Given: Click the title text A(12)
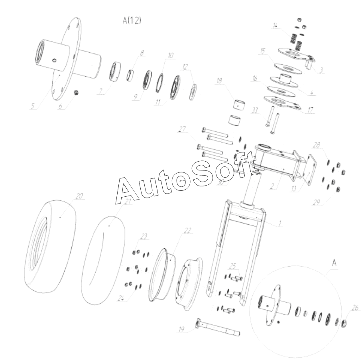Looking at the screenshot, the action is tap(132, 20).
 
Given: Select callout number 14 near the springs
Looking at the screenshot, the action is tap(275, 26).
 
